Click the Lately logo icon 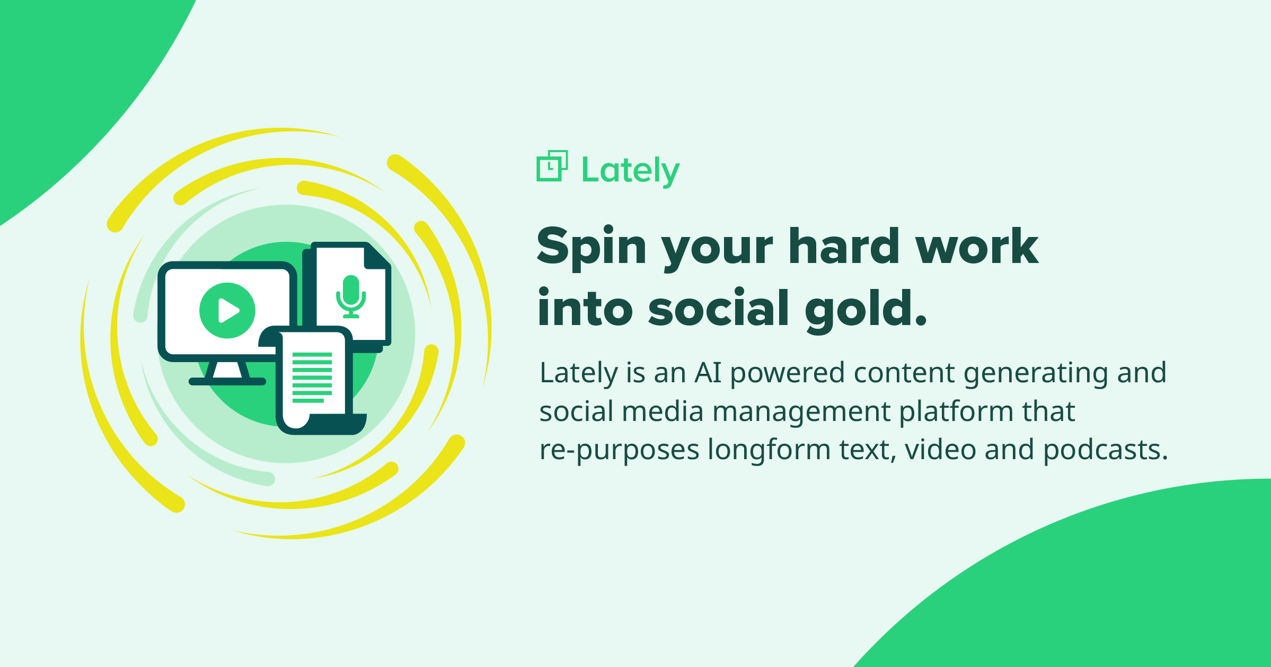[552, 166]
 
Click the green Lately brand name [630, 171]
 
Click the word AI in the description [708, 372]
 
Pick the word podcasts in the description [1106, 450]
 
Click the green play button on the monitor [227, 310]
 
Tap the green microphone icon [351, 296]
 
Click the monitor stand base [227, 381]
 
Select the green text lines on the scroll [312, 377]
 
